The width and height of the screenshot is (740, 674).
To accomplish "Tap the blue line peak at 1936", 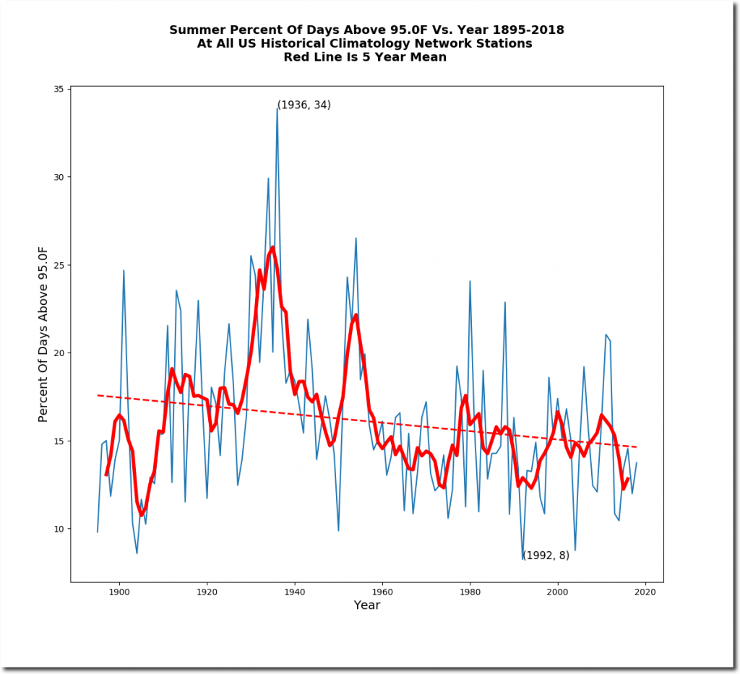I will click(x=277, y=108).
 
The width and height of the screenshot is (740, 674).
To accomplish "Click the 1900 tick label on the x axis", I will click(x=119, y=592).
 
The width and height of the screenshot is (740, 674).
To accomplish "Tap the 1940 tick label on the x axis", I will click(x=295, y=592).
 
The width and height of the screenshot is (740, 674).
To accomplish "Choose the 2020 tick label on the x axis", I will click(x=645, y=592).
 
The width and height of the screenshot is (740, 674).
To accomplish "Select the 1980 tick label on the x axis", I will click(x=470, y=592).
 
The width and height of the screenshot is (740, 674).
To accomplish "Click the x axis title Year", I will click(x=367, y=605).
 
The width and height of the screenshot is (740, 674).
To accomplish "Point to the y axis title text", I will click(x=43, y=334).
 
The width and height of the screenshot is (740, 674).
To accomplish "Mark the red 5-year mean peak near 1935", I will click(x=272, y=247).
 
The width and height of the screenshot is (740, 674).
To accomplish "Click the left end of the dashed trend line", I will click(x=98, y=395).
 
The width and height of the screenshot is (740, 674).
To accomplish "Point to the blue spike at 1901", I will click(x=124, y=270).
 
